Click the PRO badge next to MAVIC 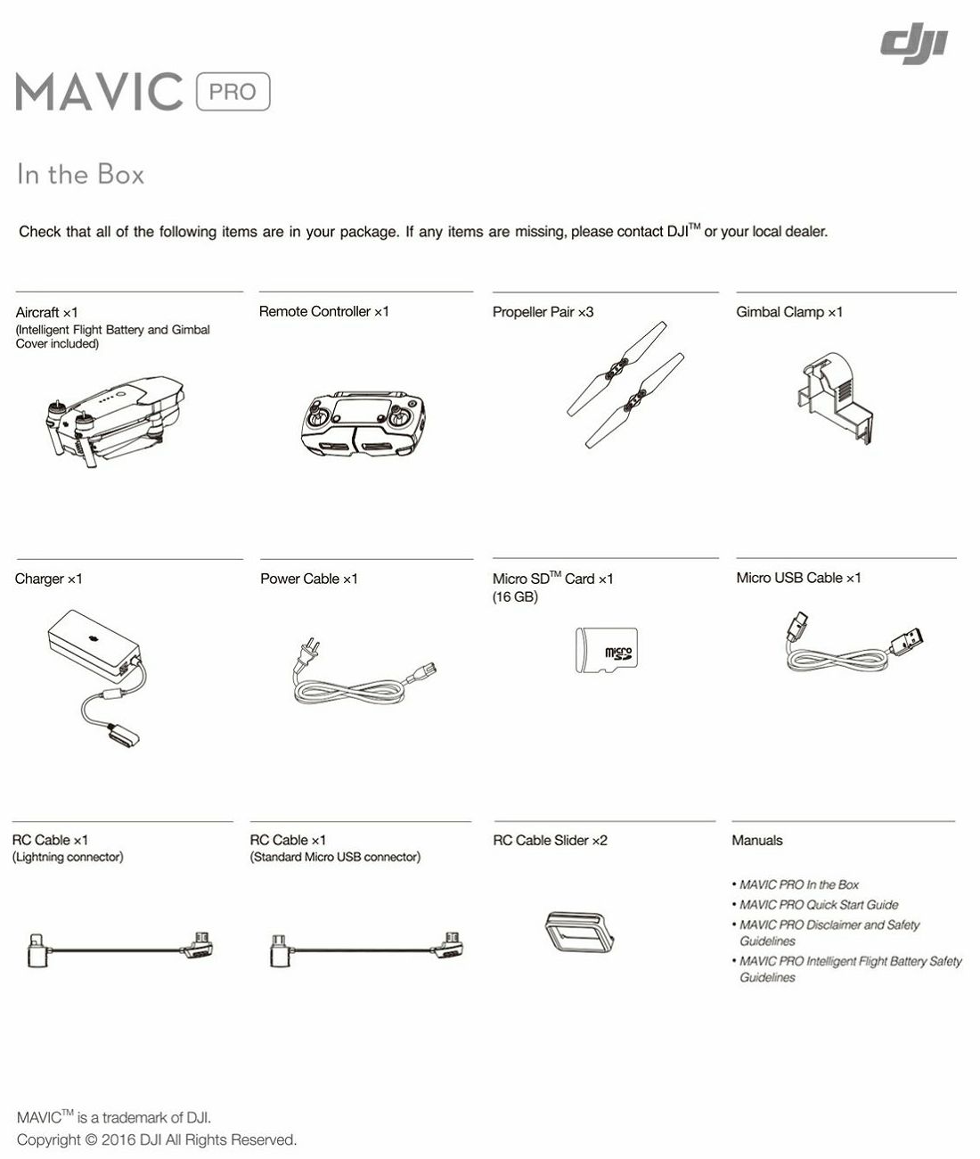point(233,92)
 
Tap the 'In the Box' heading point(80,174)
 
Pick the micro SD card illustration point(606,650)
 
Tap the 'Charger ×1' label point(49,579)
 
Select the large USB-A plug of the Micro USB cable point(908,642)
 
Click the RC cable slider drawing point(578,932)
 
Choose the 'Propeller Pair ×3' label point(543,312)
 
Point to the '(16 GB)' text point(515,597)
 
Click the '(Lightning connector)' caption point(68,858)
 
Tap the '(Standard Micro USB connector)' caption point(335,858)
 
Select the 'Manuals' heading point(756,841)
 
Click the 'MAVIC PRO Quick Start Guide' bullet point(818,905)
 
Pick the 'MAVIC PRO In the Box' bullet point(798,884)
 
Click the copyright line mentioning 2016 point(157,1140)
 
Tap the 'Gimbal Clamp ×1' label point(788,312)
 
